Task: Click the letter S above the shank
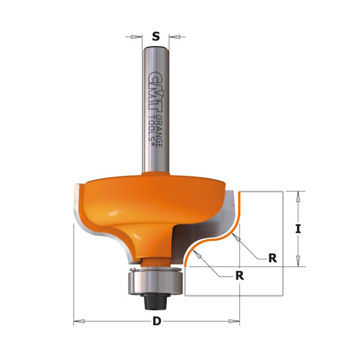(x=156, y=37)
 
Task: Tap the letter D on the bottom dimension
(x=157, y=321)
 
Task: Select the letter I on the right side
(x=298, y=229)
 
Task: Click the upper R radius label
(x=272, y=258)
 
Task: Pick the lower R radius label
(x=240, y=277)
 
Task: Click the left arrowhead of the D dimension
(x=77, y=322)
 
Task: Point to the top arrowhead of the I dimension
(x=298, y=195)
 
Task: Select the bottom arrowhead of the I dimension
(x=298, y=262)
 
